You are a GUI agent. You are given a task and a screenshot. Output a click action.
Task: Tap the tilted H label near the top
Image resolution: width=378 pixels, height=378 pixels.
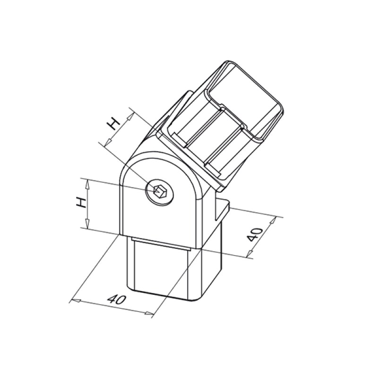point(112,124)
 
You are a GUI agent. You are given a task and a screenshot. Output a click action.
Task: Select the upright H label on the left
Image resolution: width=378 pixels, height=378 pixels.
point(81,203)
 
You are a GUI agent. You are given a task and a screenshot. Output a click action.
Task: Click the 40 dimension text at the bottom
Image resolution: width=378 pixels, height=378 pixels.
point(116,299)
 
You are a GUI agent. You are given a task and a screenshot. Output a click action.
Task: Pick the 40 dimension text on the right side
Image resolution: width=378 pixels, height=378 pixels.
point(255,234)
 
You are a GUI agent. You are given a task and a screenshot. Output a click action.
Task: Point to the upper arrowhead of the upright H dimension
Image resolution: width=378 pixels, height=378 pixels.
point(88,182)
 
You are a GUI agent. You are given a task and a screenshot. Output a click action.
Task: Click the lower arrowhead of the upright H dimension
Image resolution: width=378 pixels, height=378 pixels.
point(88,226)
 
